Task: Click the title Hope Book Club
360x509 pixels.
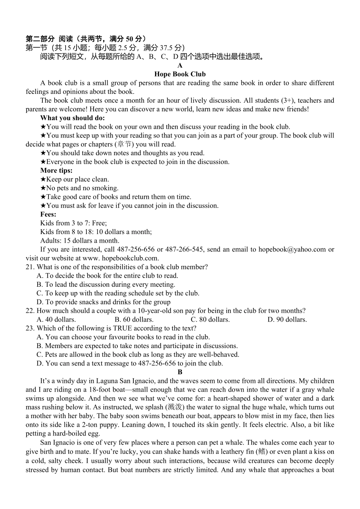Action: tap(180, 74)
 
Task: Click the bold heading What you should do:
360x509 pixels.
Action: tap(72, 118)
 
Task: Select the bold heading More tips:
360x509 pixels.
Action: tap(56, 170)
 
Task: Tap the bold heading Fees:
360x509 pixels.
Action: tap(48, 214)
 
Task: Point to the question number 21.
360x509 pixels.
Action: tap(30, 267)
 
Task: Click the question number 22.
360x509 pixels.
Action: tap(30, 311)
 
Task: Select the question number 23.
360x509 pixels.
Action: tap(30, 328)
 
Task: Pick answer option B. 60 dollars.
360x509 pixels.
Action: tap(134, 320)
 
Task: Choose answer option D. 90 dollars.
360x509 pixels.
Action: tap(287, 320)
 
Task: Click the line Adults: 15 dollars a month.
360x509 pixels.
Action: tap(80, 240)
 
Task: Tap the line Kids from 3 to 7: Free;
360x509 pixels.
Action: tap(74, 223)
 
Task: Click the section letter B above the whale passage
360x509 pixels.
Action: tap(180, 372)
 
